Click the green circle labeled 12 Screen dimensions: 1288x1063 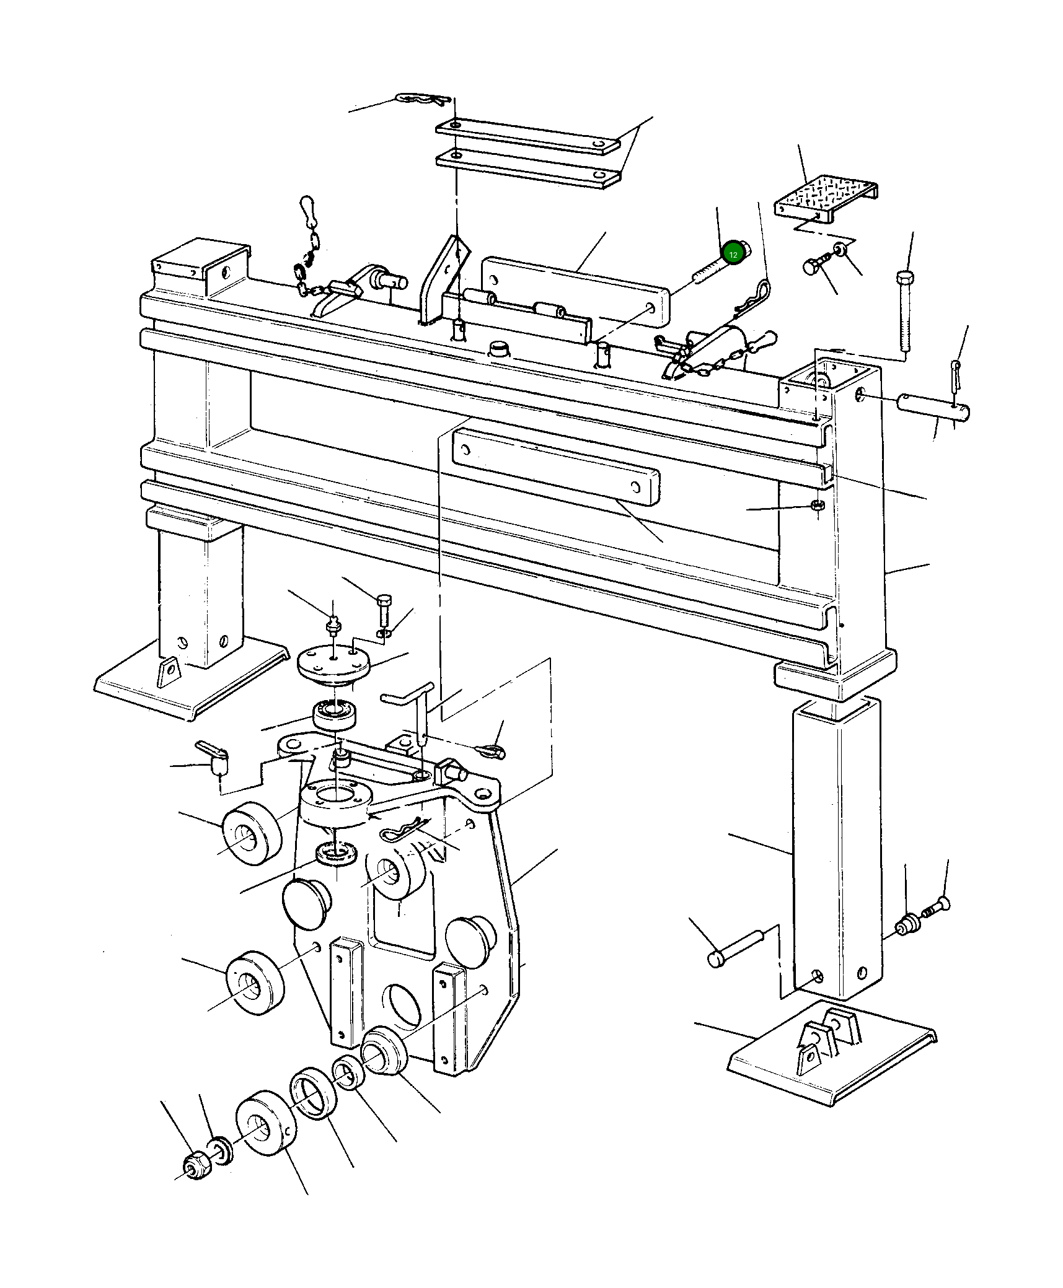tap(733, 254)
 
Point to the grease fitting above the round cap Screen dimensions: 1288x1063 tap(333, 626)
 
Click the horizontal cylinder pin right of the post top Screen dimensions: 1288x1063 tap(933, 406)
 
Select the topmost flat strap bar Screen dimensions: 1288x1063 tap(527, 135)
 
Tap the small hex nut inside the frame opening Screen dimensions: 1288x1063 tap(817, 505)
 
